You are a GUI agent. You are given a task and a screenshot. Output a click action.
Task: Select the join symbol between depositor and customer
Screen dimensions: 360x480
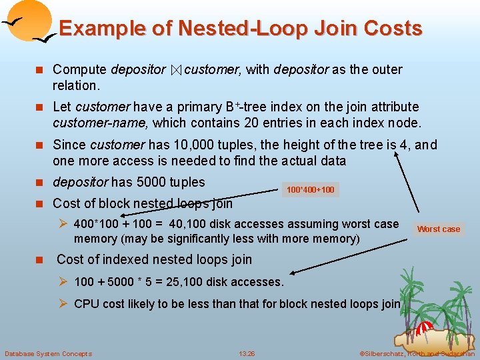click(175, 70)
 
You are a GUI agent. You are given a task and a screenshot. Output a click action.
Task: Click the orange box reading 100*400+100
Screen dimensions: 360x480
click(310, 190)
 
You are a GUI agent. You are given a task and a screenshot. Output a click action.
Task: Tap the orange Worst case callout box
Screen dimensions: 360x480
click(438, 229)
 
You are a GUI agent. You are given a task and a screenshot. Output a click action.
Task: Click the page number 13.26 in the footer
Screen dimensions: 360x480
click(247, 353)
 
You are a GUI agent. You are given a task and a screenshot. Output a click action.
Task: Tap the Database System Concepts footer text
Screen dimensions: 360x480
click(48, 353)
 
